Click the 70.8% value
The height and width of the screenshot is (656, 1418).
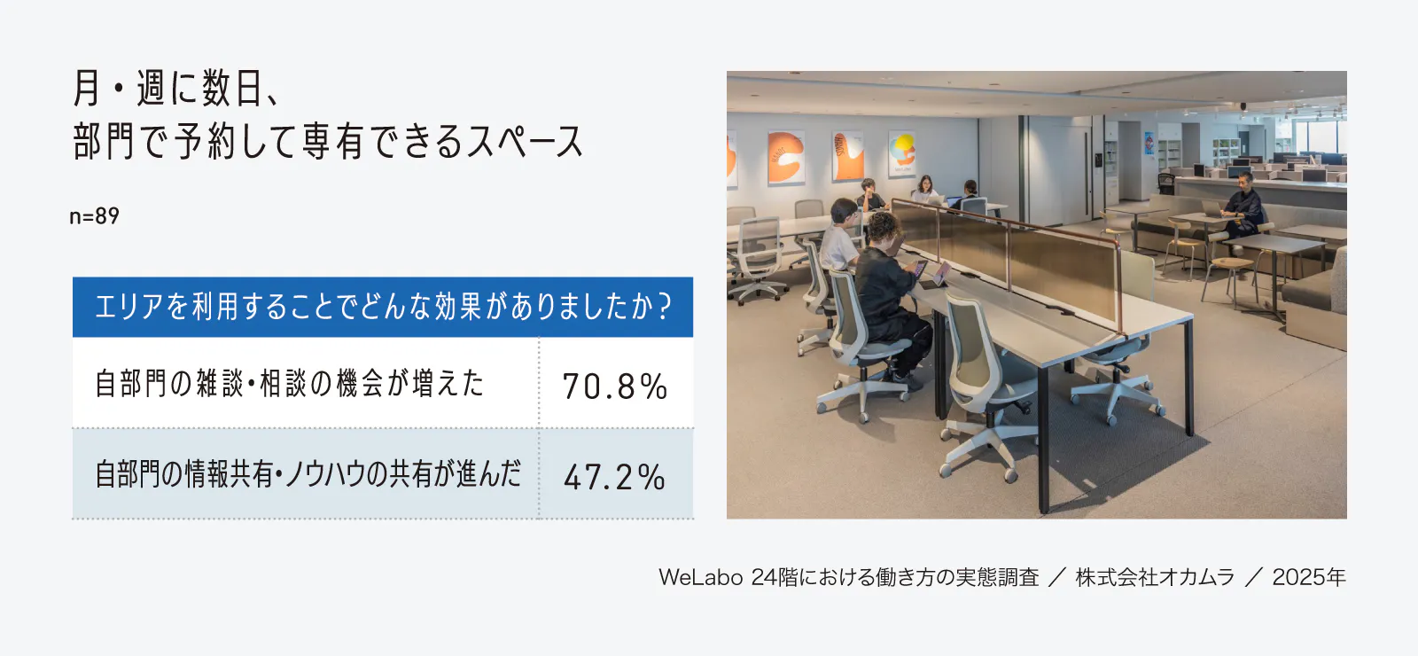(x=615, y=386)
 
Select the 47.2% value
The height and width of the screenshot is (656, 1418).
(x=615, y=477)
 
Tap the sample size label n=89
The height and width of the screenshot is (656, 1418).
(x=94, y=216)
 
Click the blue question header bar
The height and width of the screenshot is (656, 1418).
(x=382, y=307)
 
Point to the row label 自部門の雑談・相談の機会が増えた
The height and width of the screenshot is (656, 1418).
(x=290, y=383)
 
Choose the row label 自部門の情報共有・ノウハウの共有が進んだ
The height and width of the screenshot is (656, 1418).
(x=308, y=474)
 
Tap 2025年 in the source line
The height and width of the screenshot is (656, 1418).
(x=1309, y=577)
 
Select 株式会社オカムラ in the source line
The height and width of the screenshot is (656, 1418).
(x=1155, y=577)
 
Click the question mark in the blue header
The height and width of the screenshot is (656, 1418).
(x=664, y=307)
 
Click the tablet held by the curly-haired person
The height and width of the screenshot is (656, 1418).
(x=940, y=273)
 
